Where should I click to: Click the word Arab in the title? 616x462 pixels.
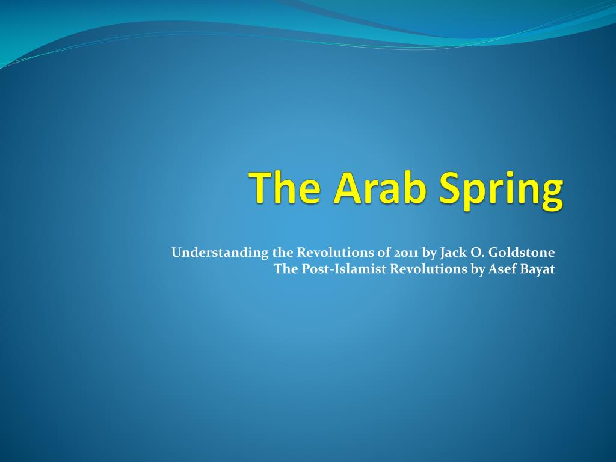pyautogui.click(x=380, y=188)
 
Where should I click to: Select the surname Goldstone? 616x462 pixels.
pyautogui.click(x=522, y=252)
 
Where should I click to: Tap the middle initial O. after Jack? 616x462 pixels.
pyautogui.click(x=476, y=253)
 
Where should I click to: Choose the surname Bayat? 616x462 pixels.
pyautogui.click(x=537, y=269)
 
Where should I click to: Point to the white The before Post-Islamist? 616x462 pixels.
pyautogui.click(x=286, y=269)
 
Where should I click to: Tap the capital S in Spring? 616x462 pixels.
pyautogui.click(x=450, y=188)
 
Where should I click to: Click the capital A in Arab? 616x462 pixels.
pyautogui.click(x=348, y=188)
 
